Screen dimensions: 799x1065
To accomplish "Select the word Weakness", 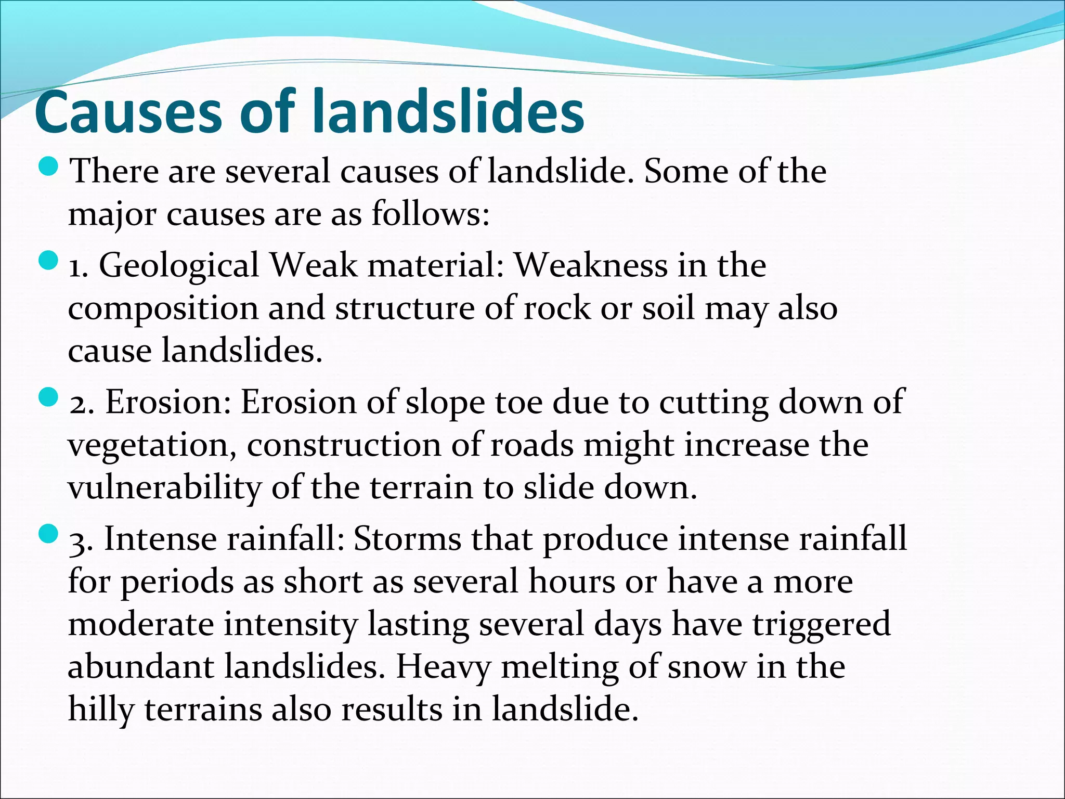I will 590,265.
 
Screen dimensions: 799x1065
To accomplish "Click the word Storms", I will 407,539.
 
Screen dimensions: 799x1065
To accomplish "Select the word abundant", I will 140,667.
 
